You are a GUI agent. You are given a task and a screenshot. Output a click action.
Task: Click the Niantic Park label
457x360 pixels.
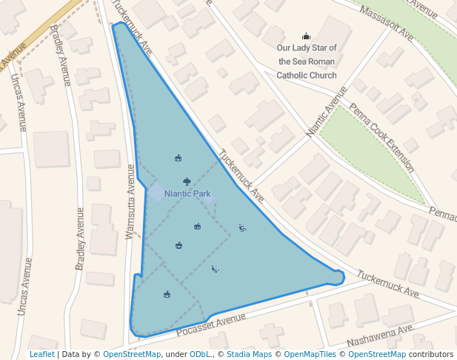point(187,193)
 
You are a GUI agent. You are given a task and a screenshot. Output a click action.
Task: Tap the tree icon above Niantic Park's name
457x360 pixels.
point(187,181)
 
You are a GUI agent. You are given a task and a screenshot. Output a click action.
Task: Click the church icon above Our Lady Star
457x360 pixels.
point(306,36)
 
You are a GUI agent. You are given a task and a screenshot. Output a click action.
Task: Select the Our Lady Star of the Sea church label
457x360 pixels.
point(306,62)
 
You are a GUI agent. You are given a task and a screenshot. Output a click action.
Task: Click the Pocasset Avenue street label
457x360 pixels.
point(211,322)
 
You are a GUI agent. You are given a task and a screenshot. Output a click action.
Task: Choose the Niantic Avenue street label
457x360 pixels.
point(327,112)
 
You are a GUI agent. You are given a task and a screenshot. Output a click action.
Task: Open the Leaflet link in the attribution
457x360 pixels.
point(41,354)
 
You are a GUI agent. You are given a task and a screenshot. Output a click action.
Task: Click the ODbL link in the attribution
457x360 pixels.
point(199,354)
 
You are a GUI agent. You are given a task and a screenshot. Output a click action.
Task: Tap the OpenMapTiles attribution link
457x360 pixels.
point(311,354)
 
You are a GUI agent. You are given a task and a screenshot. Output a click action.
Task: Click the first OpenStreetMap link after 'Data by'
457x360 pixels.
point(132,354)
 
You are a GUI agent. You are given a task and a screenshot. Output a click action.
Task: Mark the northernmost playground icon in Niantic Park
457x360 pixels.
point(178,158)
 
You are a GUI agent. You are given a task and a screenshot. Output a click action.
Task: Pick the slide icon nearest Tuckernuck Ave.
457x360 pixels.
point(242,227)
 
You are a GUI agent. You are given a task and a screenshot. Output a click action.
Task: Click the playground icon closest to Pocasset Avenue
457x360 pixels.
point(167,295)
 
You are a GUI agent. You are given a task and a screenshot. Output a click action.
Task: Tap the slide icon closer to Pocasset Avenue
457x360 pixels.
point(215,268)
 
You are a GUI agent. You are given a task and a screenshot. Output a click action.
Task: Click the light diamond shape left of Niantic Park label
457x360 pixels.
point(156,192)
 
